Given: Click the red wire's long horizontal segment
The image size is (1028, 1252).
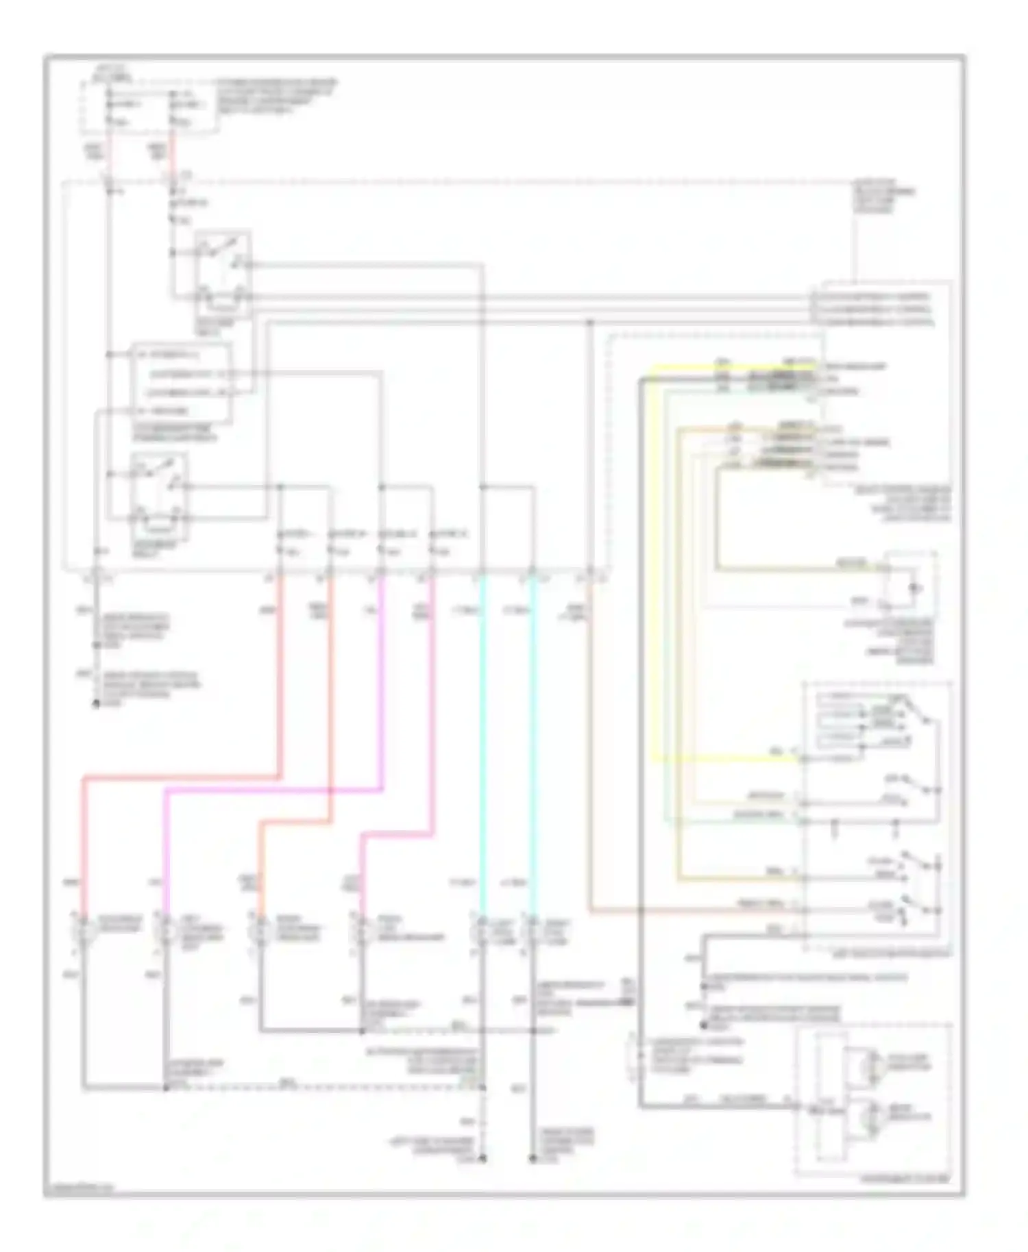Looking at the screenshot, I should (182, 778).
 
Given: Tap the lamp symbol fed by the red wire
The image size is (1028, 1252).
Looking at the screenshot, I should (82, 930).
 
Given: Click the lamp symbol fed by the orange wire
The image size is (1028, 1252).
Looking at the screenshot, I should (260, 930).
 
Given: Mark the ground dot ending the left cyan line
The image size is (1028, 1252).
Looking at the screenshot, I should (482, 1159).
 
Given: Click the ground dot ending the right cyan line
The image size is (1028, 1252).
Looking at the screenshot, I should (533, 1159).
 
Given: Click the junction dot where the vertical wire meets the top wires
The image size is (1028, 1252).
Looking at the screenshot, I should (590, 321).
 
